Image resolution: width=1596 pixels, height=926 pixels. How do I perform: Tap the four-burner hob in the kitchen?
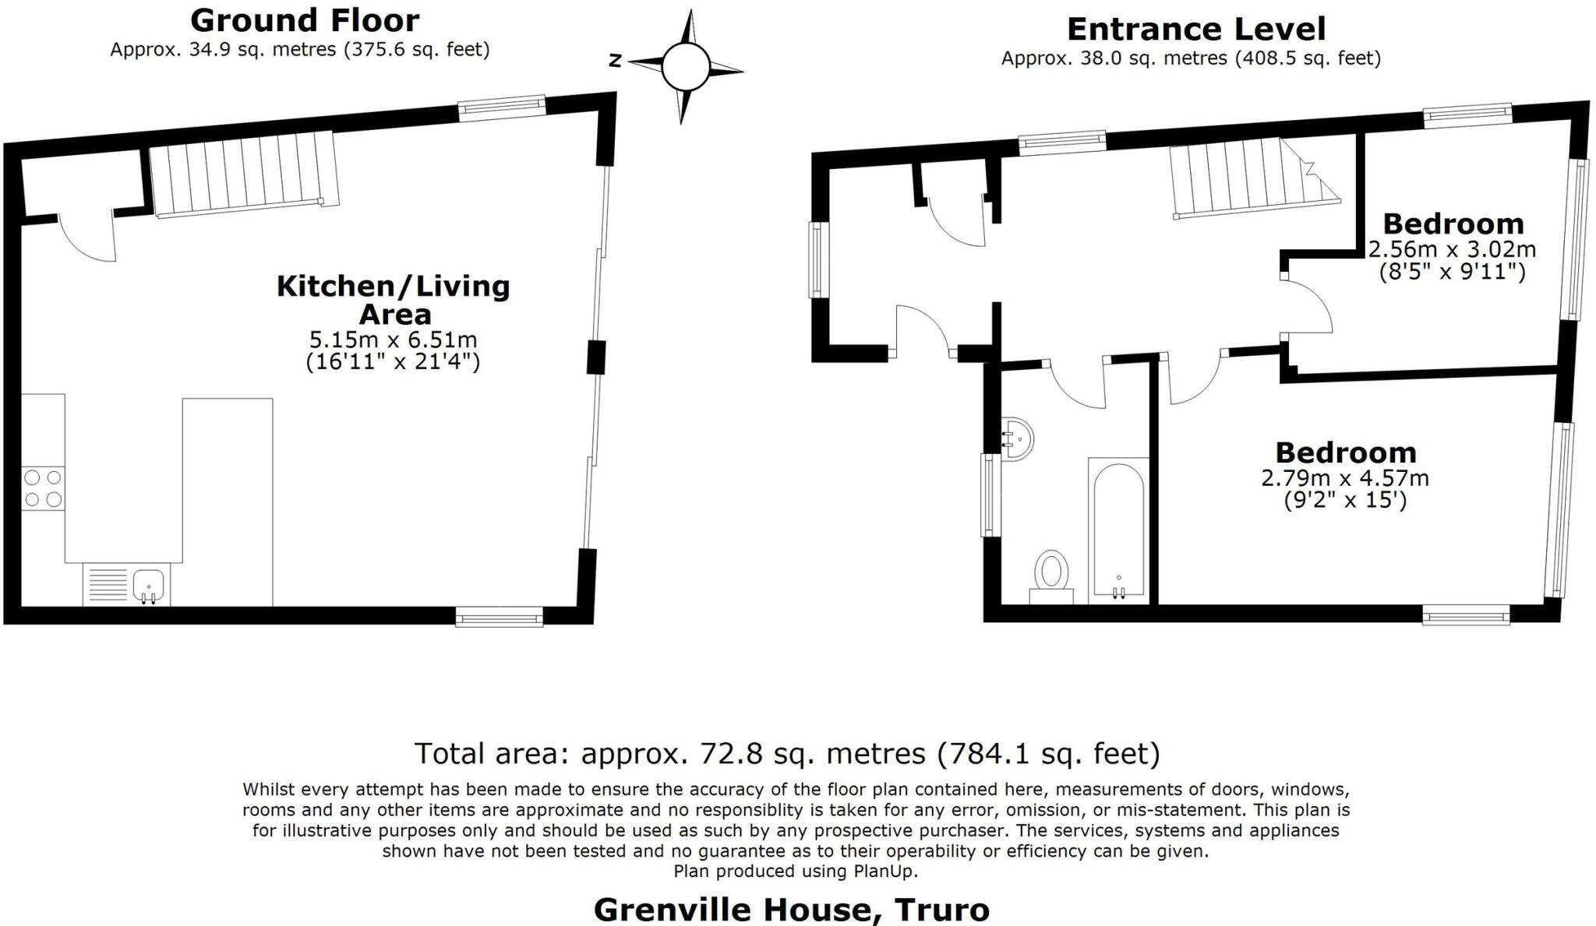pos(43,488)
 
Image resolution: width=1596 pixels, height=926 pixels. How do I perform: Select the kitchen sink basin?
pos(148,584)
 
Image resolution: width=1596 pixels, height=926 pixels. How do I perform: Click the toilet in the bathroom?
pos(1051,576)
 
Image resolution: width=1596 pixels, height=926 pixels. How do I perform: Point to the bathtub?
pos(1118,530)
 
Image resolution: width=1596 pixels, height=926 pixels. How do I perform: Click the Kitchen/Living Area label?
pos(394,300)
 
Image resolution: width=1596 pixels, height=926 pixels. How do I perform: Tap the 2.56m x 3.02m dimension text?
pos(1452,250)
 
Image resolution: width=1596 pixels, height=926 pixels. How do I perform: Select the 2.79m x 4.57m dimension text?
pos(1345,477)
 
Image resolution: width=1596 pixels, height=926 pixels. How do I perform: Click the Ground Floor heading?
pos(305,20)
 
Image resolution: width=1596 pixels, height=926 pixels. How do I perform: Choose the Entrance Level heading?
pos(1195,30)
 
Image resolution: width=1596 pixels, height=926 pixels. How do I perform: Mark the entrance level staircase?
pos(1247,179)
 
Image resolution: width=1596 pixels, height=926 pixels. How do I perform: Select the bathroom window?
pos(990,495)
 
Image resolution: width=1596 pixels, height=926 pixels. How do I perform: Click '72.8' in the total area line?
pos(725,754)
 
